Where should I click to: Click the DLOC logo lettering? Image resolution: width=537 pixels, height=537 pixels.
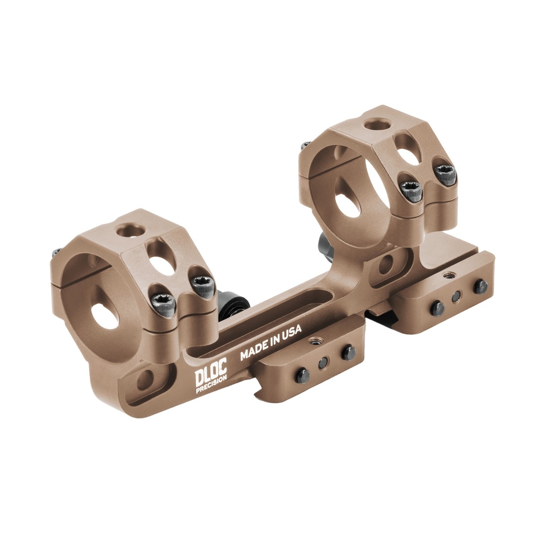(211, 375)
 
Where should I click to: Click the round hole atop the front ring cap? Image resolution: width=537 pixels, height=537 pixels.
(129, 230)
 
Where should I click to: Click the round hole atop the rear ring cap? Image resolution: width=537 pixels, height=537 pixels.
(377, 125)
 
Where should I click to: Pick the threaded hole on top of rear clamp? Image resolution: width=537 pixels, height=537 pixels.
(448, 275)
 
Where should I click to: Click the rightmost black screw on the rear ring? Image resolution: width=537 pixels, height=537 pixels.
(445, 175)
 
